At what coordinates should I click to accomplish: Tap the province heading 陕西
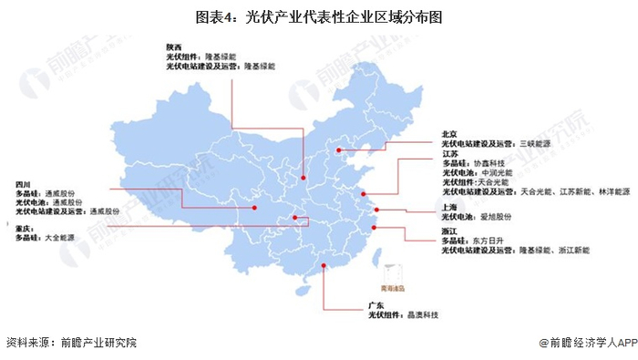[x=173, y=46]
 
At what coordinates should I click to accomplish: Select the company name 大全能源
[x=61, y=238]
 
